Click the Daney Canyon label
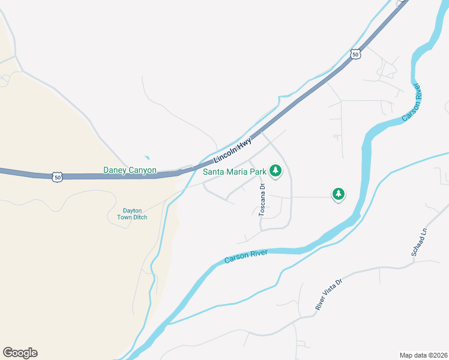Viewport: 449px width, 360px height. click(130, 170)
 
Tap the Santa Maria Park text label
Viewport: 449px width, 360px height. click(234, 172)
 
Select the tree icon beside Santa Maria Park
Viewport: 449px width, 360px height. click(276, 171)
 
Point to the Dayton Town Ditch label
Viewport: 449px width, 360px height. click(132, 214)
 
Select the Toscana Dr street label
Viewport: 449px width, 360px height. click(262, 200)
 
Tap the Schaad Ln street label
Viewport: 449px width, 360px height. click(418, 242)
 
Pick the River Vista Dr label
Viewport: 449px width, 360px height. click(328, 294)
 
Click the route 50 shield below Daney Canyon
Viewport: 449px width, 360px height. click(57, 177)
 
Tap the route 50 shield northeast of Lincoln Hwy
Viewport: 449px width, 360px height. click(356, 54)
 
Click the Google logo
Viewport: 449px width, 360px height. click(20, 353)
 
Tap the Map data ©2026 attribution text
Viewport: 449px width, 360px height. click(423, 355)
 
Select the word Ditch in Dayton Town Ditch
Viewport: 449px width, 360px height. click(140, 217)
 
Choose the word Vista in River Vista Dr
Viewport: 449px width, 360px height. click(328, 294)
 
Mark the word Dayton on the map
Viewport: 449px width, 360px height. click(132, 211)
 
